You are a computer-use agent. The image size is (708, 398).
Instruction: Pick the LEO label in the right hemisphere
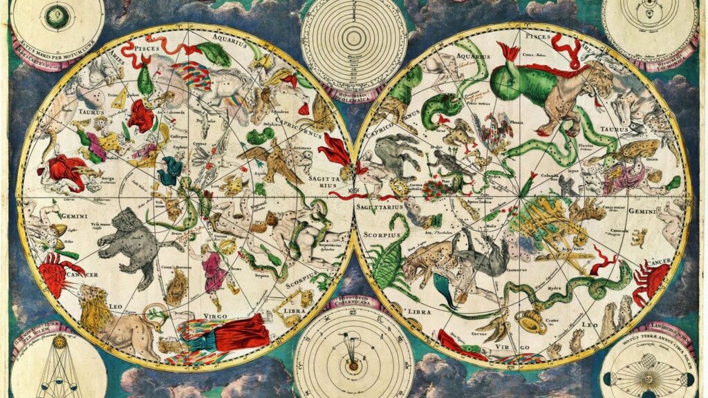[590, 323]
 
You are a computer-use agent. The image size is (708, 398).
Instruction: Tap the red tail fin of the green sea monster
[509, 52]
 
